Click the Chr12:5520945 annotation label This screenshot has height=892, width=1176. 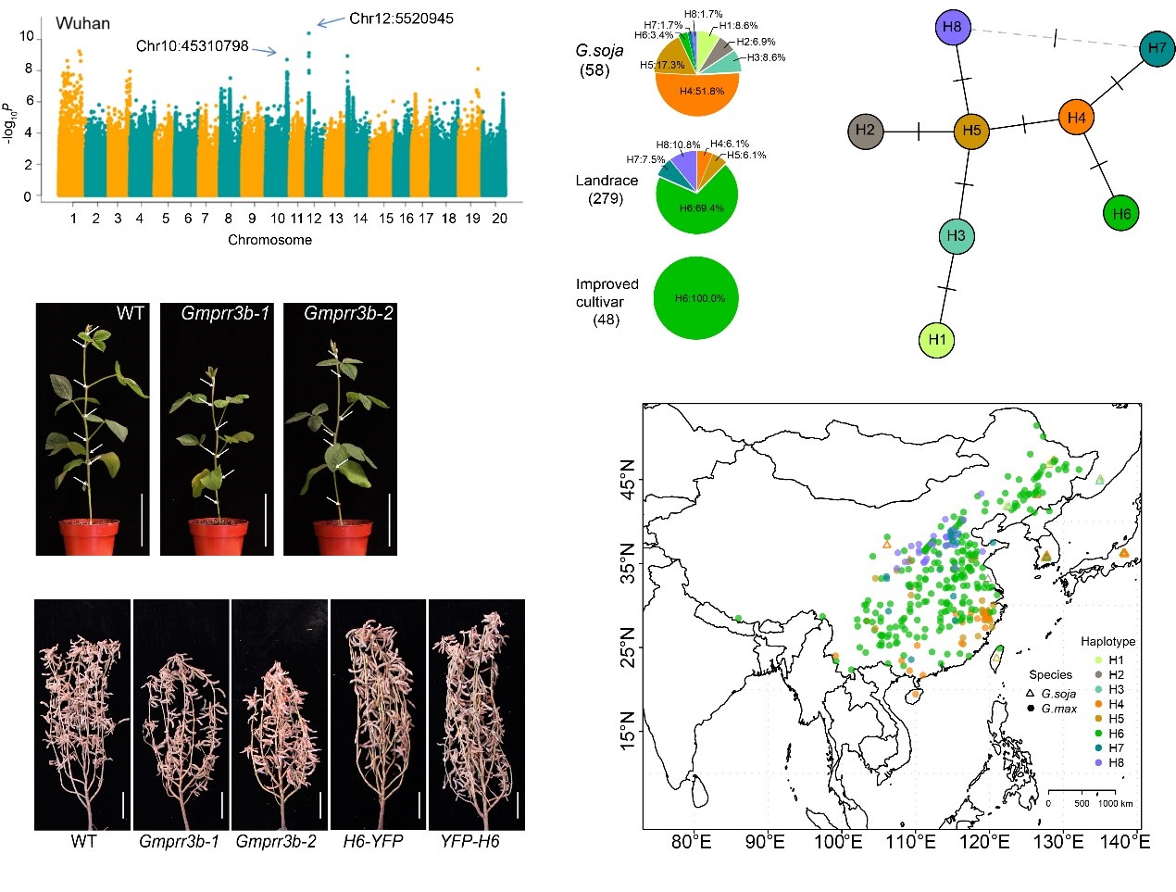pyautogui.click(x=401, y=19)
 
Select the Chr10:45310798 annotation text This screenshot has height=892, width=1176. pyautogui.click(x=192, y=46)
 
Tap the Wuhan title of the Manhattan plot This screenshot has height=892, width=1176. pyautogui.click(x=82, y=23)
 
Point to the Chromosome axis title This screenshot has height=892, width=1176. pyautogui.click(x=269, y=240)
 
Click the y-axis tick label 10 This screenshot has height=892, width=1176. pyautogui.click(x=27, y=37)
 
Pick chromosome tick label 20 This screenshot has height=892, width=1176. pyautogui.click(x=499, y=219)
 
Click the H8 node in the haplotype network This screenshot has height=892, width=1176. pyautogui.click(x=952, y=27)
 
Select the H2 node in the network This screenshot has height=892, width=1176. pyautogui.click(x=865, y=131)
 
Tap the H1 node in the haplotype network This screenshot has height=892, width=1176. pyautogui.click(x=937, y=340)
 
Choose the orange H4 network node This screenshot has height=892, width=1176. pyautogui.click(x=1076, y=119)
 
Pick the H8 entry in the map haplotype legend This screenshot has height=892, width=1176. pyautogui.click(x=1115, y=763)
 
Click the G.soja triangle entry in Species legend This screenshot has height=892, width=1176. pyautogui.click(x=1052, y=694)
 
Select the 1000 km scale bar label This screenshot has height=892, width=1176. pyautogui.click(x=1115, y=803)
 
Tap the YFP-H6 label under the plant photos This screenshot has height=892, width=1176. pyautogui.click(x=469, y=841)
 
